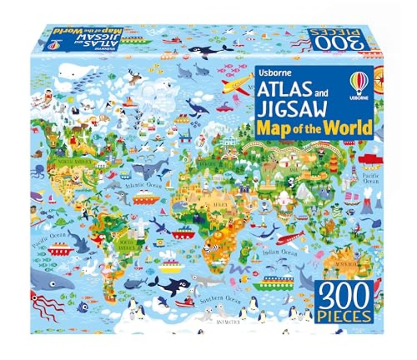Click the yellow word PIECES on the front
pyautogui.click(x=345, y=314)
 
